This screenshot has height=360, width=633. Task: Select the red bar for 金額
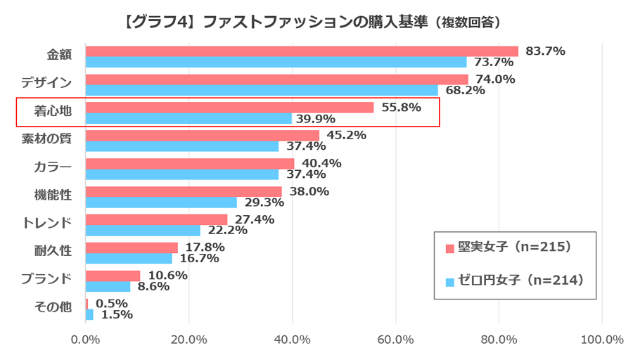(302, 51)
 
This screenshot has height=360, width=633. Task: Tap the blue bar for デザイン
(262, 91)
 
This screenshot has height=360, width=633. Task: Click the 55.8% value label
(400, 107)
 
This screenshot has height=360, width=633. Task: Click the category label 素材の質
(47, 139)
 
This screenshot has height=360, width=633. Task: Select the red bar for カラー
(190, 164)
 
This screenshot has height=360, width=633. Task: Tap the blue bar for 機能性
(161, 202)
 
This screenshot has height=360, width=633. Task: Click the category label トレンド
(47, 224)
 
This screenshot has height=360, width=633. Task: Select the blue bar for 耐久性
(129, 259)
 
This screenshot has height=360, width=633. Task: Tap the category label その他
(53, 307)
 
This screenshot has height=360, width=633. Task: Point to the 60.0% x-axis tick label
(395, 340)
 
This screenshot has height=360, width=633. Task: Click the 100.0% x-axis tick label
(602, 340)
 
